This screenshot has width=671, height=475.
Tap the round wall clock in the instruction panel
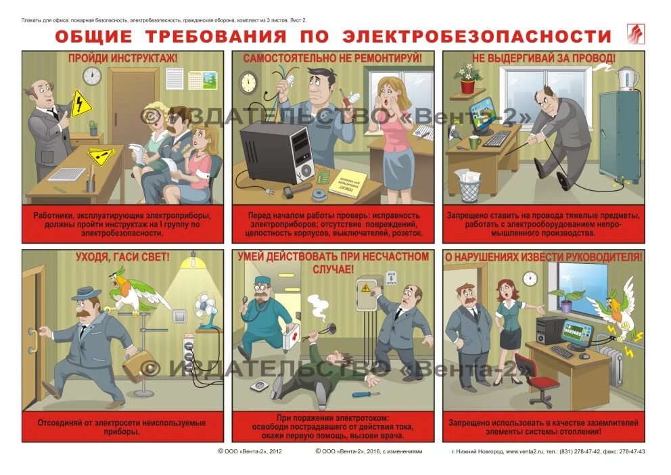click(93, 76)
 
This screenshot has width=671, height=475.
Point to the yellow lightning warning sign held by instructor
click(81, 103)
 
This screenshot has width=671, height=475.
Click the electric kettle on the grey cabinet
click(628, 78)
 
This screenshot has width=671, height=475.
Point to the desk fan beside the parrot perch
click(206, 313)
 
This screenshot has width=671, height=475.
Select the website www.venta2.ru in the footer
click(526, 451)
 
